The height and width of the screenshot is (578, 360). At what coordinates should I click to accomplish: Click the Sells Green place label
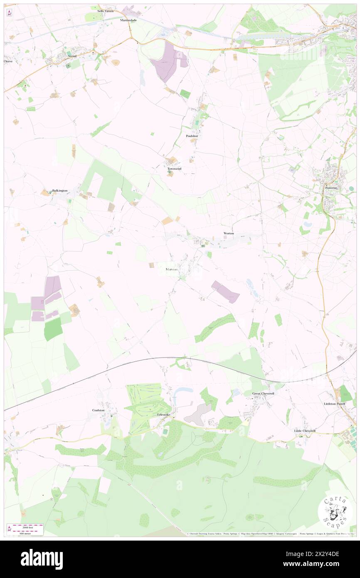tap(106, 11)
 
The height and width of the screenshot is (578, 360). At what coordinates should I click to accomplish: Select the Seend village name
tap(72, 56)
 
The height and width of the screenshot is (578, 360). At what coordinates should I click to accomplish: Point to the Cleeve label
tap(8, 61)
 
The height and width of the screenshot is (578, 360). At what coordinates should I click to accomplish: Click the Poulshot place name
tap(192, 136)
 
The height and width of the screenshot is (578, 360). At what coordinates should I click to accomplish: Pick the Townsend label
tap(174, 169)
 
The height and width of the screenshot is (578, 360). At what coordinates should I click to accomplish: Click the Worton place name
tap(229, 233)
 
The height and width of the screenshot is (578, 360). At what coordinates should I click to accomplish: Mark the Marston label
tap(171, 269)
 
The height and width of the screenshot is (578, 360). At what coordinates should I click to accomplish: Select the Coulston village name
tap(99, 410)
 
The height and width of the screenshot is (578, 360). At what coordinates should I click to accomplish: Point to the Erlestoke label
tap(164, 415)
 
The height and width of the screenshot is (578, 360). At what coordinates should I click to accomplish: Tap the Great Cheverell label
tap(264, 393)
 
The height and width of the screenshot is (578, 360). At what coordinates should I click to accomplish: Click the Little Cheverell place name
tap(305, 431)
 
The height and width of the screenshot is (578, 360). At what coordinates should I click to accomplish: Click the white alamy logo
tap(42, 559)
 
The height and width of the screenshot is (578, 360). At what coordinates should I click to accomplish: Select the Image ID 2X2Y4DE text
tap(325, 554)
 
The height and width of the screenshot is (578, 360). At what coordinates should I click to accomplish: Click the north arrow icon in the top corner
tap(9, 13)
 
